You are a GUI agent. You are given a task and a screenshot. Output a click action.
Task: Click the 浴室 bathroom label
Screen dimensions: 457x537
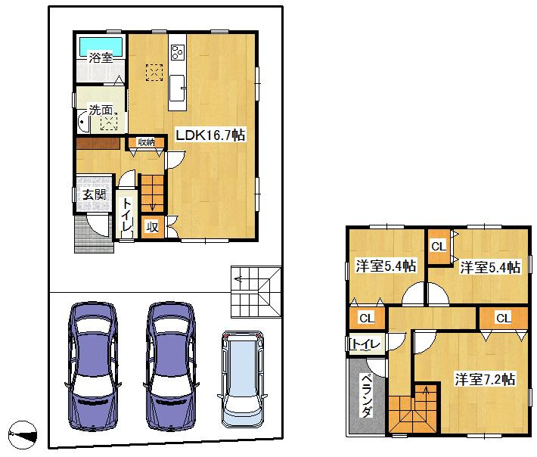click(101, 58)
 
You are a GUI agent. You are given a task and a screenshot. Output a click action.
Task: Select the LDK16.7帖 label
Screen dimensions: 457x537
click(210, 135)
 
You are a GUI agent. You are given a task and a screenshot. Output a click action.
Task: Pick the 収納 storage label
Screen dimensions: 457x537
click(146, 141)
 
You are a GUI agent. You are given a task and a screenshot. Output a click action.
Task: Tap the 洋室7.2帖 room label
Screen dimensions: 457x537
click(485, 379)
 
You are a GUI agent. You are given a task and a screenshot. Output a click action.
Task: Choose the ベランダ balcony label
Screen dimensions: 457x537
click(365, 396)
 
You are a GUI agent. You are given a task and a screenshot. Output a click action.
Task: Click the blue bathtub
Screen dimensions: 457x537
click(101, 44)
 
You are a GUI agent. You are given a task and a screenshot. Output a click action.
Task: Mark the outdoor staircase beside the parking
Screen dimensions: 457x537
click(254, 291)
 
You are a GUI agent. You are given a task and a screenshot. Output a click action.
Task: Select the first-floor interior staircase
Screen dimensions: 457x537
click(153, 192)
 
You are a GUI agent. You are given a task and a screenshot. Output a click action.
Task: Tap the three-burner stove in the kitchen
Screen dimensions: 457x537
click(177, 51)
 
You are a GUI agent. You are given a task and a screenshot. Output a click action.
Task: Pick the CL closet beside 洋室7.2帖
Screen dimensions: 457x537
click(503, 318)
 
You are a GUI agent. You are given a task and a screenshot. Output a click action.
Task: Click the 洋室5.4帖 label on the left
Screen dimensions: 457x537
click(386, 266)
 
